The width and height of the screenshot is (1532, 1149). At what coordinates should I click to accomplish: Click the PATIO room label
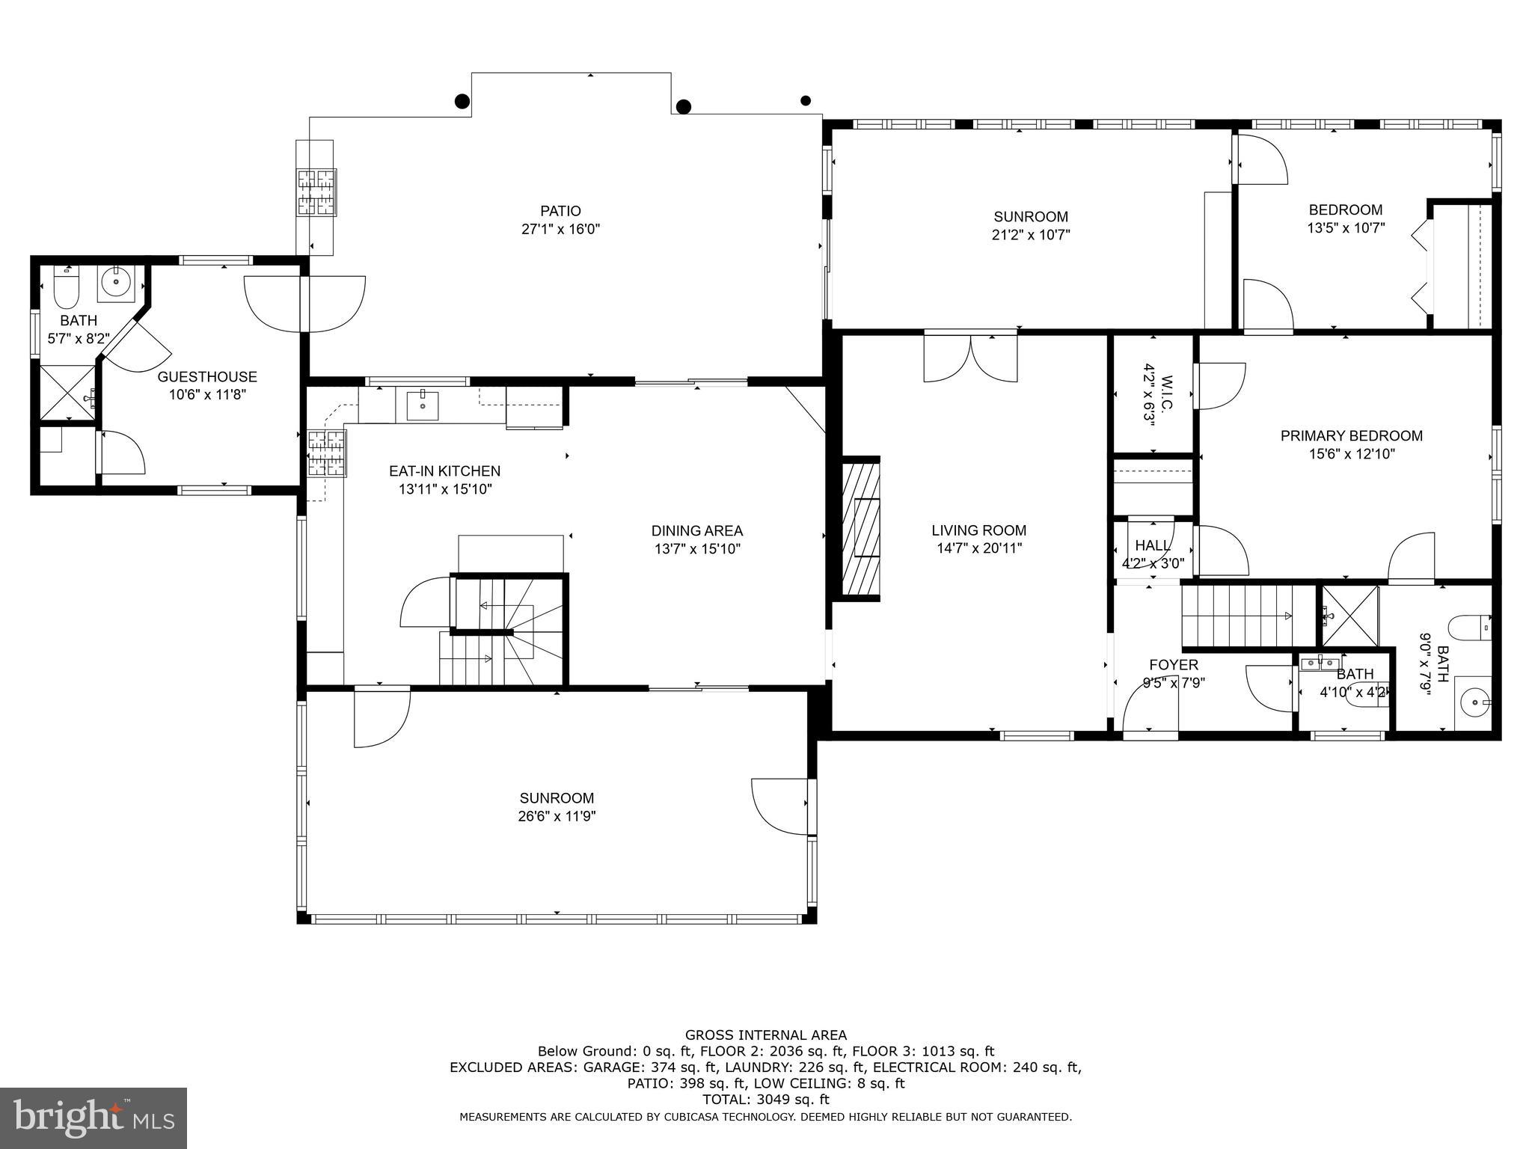click(560, 211)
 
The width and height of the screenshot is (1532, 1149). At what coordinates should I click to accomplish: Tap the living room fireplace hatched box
click(861, 527)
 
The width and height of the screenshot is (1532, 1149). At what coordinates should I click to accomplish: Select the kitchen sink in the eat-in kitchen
click(423, 405)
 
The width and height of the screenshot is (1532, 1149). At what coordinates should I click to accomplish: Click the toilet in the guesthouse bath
click(67, 287)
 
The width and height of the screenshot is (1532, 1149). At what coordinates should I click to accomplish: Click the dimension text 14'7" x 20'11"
click(979, 548)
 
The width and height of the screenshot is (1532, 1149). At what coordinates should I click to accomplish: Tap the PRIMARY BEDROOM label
click(1351, 435)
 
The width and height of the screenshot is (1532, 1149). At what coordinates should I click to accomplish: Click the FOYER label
click(1173, 665)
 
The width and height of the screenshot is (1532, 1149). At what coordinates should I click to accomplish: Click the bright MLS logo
click(93, 1118)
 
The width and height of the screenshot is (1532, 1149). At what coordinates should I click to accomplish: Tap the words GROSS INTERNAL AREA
click(765, 1035)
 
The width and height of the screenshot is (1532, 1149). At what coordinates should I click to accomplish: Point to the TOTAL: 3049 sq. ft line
click(765, 1100)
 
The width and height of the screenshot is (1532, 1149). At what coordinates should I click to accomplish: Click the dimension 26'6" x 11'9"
click(557, 816)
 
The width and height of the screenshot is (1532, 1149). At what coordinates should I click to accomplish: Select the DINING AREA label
click(696, 530)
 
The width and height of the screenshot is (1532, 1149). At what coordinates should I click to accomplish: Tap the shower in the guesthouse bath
click(67, 392)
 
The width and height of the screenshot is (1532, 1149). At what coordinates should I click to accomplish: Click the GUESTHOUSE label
click(206, 377)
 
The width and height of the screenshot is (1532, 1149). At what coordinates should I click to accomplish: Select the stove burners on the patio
click(317, 192)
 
